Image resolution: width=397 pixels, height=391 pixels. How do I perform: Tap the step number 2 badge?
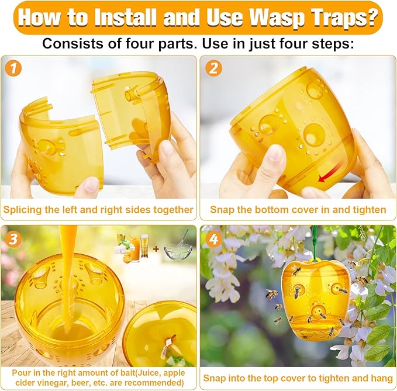(x=215, y=69)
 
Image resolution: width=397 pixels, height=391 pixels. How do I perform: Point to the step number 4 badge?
(x=215, y=240)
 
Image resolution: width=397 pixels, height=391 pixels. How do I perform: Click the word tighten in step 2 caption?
(x=370, y=209)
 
